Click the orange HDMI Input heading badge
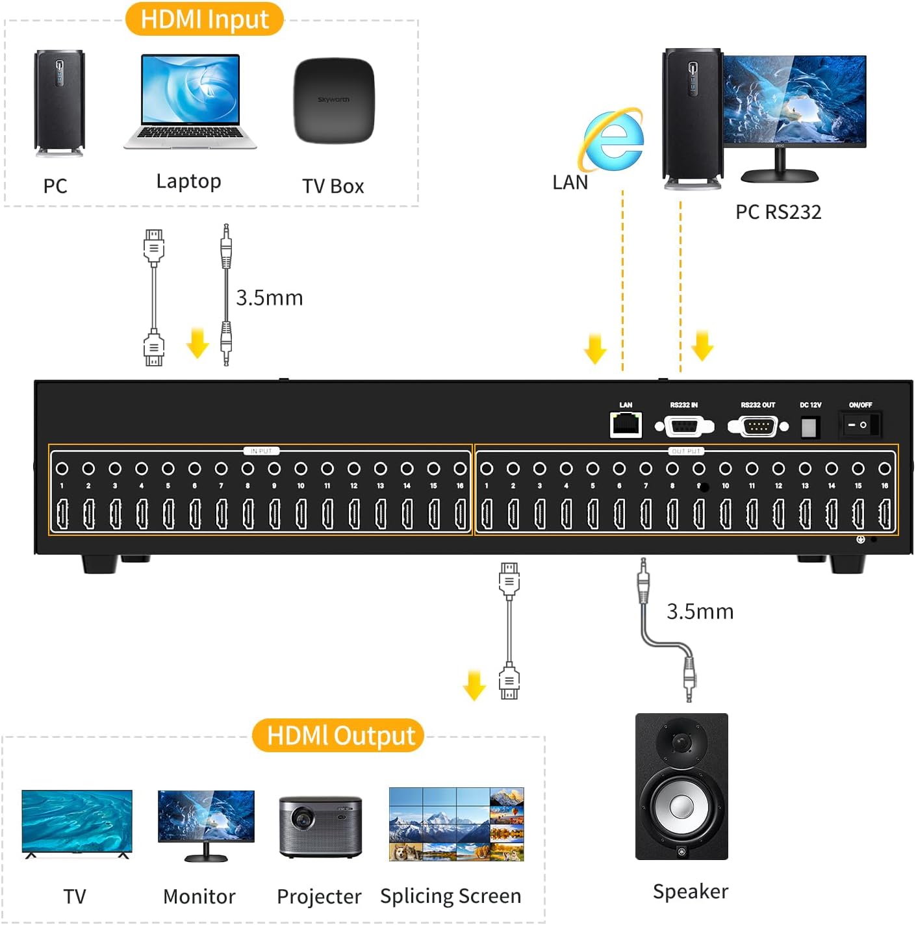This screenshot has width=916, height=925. pyautogui.click(x=204, y=19)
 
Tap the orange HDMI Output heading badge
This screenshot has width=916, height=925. pyautogui.click(x=338, y=735)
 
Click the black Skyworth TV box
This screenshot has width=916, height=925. pyautogui.click(x=334, y=101)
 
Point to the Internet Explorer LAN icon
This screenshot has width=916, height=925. pyautogui.click(x=613, y=140)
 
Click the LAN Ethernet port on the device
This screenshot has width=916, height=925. pyautogui.click(x=626, y=425)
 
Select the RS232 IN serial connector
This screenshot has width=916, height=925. pyautogui.click(x=684, y=427)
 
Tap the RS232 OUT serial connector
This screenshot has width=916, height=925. pyautogui.click(x=757, y=427)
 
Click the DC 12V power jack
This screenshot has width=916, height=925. pyautogui.click(x=809, y=427)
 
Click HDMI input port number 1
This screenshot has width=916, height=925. pyautogui.click(x=62, y=514)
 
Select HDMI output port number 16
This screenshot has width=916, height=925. pyautogui.click(x=884, y=514)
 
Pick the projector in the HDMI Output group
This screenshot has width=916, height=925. pyautogui.click(x=320, y=826)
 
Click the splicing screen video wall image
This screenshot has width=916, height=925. pyautogui.click(x=456, y=824)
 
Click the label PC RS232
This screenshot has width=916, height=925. pyautogui.click(x=778, y=212)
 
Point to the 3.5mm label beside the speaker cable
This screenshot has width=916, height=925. pyautogui.click(x=700, y=611)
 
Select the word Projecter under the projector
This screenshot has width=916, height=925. pyautogui.click(x=319, y=896)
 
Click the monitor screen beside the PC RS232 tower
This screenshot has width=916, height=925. pyautogui.click(x=794, y=99)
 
